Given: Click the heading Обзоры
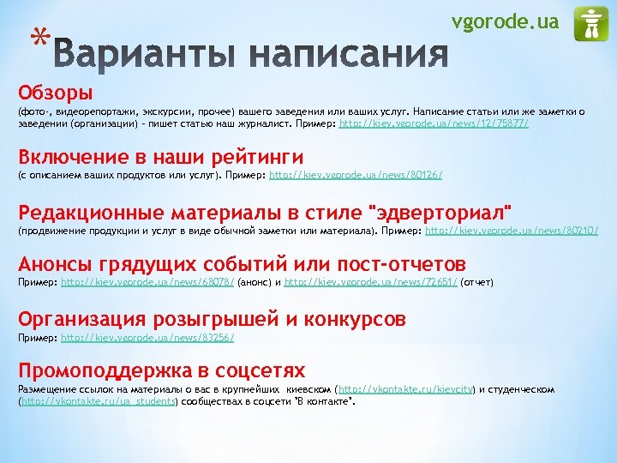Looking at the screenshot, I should coord(55,92).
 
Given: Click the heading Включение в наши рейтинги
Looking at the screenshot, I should coord(161,156).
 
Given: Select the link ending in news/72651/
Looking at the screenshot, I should coord(371,282).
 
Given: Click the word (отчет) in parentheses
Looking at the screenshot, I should coord(477,282).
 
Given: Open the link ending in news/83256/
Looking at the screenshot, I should coord(147,338).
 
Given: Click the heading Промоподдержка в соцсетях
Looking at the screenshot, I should coord(162,370).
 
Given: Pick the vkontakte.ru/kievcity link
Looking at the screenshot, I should coord(407,389).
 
